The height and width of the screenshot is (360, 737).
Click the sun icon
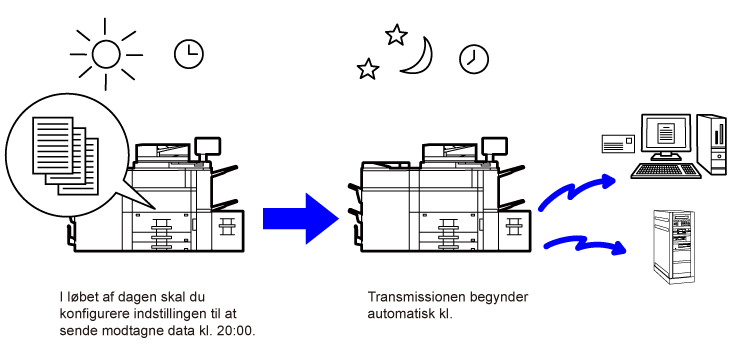coord(106,55)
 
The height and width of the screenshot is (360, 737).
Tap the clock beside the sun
coord(189,54)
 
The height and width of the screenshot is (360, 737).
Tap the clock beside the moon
coord(474,59)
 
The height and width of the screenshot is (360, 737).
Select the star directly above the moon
coord(396,35)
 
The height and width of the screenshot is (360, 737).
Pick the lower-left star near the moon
coord(368,69)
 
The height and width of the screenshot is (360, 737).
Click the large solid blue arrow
coord(301,219)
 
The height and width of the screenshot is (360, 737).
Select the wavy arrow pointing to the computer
coord(577,190)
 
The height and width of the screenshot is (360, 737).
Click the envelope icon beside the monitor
coord(618,143)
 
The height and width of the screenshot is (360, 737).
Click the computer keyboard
coord(666,171)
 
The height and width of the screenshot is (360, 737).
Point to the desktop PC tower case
coord(712,144)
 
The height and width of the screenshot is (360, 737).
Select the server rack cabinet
coord(674,246)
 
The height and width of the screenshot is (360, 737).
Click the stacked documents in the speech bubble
coord(66,156)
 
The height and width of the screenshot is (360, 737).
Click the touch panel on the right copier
coord(493,147)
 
